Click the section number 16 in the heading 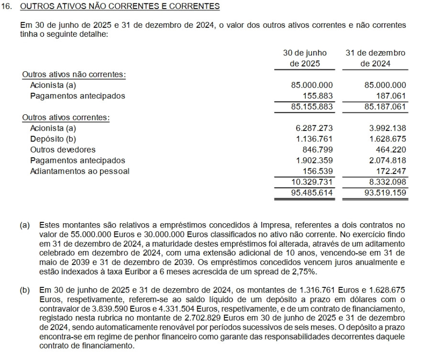pyautogui.click(x=6, y=7)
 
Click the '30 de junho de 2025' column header pyautogui.click(x=305, y=58)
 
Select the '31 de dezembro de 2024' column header pyautogui.click(x=375, y=58)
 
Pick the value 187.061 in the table pyautogui.click(x=391, y=96)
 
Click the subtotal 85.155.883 pyautogui.click(x=312, y=107)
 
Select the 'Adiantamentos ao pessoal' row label pyautogui.click(x=79, y=171)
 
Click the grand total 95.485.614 pyautogui.click(x=312, y=193)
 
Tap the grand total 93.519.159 pyautogui.click(x=385, y=193)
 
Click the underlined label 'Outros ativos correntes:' pyautogui.click(x=66, y=118)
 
